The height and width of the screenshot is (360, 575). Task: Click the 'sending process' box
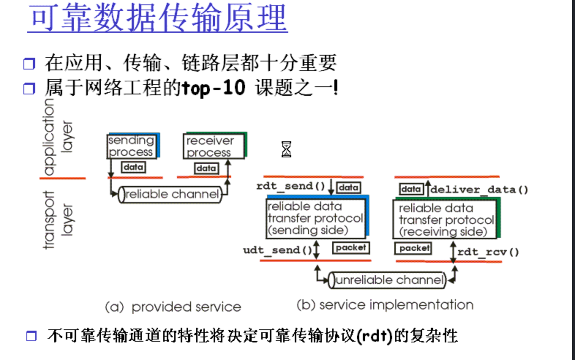coord(132,146)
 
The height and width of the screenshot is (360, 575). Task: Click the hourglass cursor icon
coord(286,149)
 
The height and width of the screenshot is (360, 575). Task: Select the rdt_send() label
coord(290,186)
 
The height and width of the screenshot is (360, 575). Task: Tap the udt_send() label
coord(277,250)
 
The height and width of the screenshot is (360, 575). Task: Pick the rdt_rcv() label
coord(488,252)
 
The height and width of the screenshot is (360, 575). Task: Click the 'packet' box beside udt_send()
coord(351,248)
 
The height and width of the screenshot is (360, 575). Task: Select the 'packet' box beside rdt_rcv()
coord(413,248)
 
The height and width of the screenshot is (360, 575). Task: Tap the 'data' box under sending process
coord(133,167)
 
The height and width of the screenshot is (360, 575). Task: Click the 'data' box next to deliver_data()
coord(411,189)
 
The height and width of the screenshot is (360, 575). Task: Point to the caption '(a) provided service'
coord(173,307)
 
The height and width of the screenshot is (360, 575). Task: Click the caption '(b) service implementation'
coord(385,305)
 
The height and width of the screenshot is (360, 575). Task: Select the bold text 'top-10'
coord(213,88)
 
